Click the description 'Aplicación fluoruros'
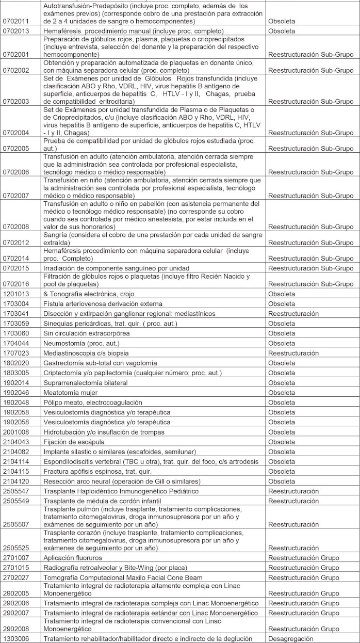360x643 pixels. [73, 558]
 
